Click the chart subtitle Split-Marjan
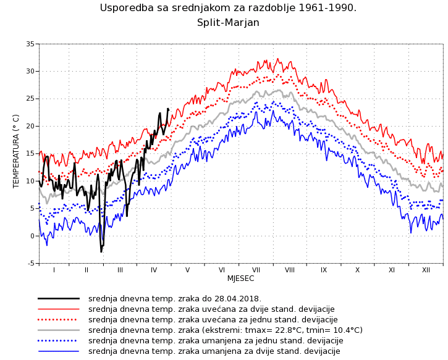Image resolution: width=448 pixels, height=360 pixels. click(x=228, y=23)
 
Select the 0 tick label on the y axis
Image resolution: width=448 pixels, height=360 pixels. click(x=33, y=236)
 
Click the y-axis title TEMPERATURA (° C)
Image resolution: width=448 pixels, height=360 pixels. click(x=17, y=151)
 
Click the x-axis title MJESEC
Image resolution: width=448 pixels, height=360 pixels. click(x=240, y=278)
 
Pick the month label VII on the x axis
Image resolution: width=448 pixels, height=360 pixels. click(x=256, y=270)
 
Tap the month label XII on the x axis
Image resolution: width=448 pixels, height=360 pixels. click(x=426, y=270)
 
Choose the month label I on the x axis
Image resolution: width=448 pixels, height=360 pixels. click(x=54, y=270)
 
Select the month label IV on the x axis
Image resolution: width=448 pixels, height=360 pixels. click(x=154, y=270)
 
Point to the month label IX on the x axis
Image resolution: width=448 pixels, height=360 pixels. click(x=324, y=270)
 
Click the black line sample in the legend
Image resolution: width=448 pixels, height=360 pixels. click(x=59, y=298)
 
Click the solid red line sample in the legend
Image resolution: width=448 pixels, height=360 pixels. click(x=59, y=309)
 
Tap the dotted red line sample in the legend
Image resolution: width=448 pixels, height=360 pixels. click(x=59, y=319)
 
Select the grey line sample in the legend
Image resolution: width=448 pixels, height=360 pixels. click(x=59, y=330)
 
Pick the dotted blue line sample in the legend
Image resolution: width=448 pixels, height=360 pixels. click(x=59, y=340)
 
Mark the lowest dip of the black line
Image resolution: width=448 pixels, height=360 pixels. click(x=101, y=251)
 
